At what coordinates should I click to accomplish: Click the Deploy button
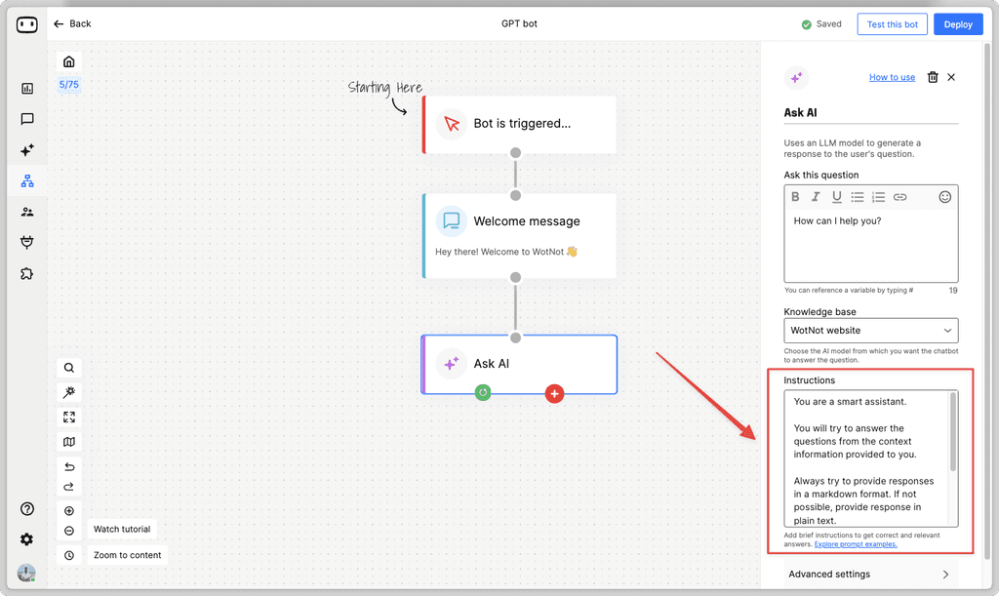(x=957, y=24)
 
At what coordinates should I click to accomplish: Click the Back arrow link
(x=72, y=23)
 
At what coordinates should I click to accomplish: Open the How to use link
(x=892, y=78)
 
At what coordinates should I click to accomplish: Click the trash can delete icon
(x=933, y=78)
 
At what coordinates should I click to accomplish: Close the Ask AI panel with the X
(x=951, y=78)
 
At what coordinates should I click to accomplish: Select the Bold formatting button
(x=795, y=197)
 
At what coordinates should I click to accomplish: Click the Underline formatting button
(x=836, y=197)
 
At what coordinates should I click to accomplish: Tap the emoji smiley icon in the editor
(x=944, y=197)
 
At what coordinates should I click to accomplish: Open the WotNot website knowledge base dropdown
(x=870, y=331)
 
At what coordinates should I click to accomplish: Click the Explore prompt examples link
(x=856, y=544)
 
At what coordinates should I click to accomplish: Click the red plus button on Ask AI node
(x=554, y=394)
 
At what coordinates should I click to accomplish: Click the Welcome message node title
(x=526, y=221)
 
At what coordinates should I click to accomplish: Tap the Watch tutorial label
(x=122, y=530)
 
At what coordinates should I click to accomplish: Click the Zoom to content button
(x=127, y=555)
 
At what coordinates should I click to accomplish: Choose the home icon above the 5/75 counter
(x=68, y=61)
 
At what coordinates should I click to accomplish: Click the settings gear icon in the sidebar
(x=26, y=539)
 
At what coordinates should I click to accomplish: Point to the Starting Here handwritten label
(x=385, y=88)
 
